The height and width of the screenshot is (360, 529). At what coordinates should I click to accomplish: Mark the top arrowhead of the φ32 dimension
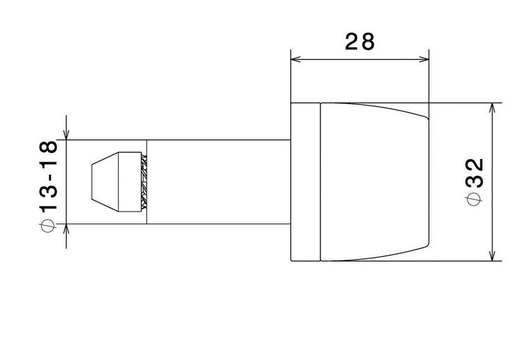pos(492,107)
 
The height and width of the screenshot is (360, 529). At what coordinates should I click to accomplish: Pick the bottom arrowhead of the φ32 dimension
pos(492,256)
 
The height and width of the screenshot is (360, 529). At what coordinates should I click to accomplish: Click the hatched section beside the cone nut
pos(144,181)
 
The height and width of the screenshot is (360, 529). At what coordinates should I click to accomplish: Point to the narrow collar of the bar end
pos(306,181)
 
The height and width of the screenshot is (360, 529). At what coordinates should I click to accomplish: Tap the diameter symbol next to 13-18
pos(50,225)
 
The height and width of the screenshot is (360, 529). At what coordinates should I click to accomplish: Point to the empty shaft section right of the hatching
pos(218,181)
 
